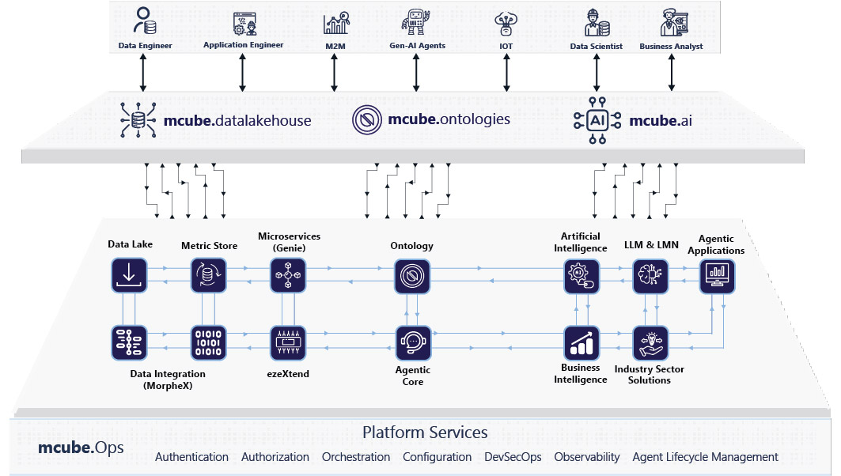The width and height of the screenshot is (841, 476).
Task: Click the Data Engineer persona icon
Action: click(x=144, y=21)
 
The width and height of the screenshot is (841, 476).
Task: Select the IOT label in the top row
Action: click(x=506, y=46)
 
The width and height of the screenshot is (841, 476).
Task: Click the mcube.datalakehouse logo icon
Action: click(x=138, y=119)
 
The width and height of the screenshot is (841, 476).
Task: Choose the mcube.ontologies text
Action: click(x=449, y=120)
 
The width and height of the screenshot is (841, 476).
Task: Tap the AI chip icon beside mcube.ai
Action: click(x=597, y=120)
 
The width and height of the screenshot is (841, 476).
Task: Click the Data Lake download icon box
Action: click(x=129, y=275)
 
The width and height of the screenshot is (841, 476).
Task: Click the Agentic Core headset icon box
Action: click(x=413, y=342)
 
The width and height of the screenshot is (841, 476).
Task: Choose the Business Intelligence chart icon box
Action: click(x=582, y=342)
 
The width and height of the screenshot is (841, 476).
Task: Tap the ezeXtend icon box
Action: click(x=288, y=342)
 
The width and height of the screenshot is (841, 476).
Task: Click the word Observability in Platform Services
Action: click(x=587, y=457)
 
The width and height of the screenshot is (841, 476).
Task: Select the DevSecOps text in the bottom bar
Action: click(x=513, y=457)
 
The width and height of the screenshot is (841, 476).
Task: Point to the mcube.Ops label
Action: click(x=81, y=448)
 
